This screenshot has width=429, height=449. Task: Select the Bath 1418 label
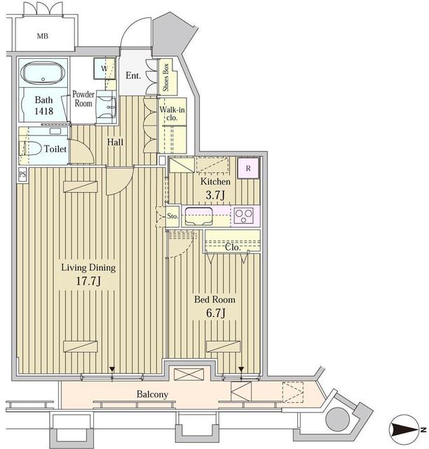click(43, 105)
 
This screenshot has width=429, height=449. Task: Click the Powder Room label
click(84, 98)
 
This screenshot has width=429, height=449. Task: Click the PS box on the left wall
click(22, 174)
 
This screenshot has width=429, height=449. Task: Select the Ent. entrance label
click(133, 75)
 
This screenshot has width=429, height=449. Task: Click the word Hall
click(116, 142)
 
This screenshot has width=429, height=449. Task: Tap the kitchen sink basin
click(199, 215)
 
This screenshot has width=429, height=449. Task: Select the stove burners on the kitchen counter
click(243, 215)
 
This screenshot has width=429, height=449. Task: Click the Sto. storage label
click(172, 216)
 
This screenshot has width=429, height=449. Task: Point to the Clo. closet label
click(233, 247)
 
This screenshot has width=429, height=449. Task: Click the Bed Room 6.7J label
click(214, 305)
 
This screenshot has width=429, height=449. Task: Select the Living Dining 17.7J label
click(88, 274)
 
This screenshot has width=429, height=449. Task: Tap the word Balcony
click(151, 394)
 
